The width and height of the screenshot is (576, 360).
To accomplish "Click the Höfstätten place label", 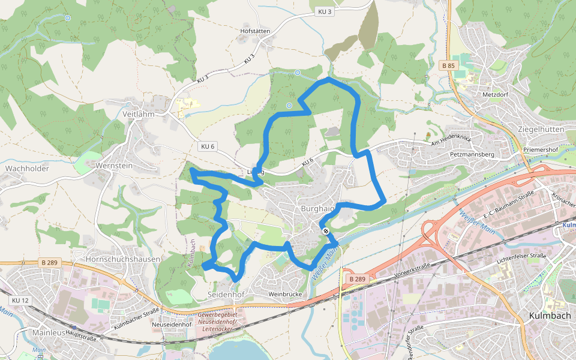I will click(255, 31).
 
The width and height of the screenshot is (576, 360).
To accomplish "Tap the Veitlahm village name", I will click(139, 113).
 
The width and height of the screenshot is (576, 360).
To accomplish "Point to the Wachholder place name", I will click(27, 169).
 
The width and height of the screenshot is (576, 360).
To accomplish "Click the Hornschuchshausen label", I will click(124, 259).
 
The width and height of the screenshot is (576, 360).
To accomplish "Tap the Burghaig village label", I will click(317, 209).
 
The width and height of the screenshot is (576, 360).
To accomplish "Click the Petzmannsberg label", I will click(471, 154).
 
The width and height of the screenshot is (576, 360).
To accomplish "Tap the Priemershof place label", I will click(541, 150).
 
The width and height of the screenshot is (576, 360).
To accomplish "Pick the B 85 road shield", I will click(448, 65).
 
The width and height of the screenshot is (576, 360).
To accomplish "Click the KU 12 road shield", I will click(20, 300).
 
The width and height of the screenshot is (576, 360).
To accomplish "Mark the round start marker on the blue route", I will click(326, 231).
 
